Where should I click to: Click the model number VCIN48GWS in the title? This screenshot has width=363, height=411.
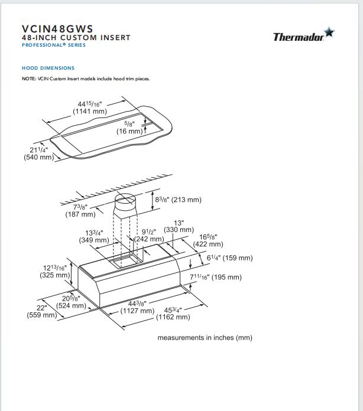point(57,28)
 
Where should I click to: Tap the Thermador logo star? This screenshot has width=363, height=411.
point(329,33)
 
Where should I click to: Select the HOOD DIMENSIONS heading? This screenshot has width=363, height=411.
point(48,68)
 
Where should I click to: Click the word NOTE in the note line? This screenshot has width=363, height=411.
point(29,79)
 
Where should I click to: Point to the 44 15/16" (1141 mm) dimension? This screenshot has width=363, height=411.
point(90,107)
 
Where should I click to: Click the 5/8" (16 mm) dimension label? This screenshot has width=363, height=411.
point(129,128)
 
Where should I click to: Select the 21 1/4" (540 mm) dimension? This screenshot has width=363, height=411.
point(38,154)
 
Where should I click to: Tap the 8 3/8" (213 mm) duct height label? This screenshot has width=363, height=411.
point(178,200)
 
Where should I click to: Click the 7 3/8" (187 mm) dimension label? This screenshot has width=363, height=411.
point(80,210)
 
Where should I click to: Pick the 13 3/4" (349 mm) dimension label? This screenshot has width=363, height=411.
point(94,236)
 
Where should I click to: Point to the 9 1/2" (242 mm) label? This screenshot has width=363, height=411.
point(149,235)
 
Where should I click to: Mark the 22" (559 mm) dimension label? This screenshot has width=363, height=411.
point(41,311)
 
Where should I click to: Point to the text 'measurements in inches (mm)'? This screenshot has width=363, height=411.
point(205,338)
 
